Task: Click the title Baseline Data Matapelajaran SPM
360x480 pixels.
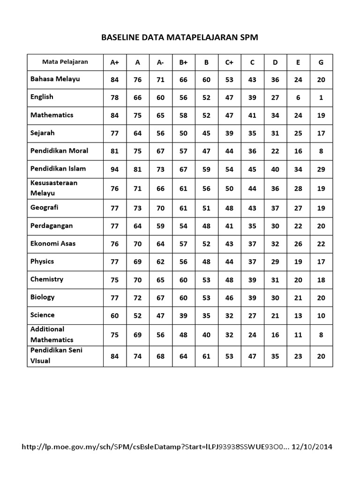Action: [x=180, y=37]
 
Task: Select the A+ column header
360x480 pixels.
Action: [x=114, y=62]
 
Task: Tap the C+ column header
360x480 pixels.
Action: [x=229, y=62]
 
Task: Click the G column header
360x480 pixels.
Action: [x=321, y=62]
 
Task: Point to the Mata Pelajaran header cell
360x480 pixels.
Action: [x=65, y=61]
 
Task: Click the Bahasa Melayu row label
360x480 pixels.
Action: [x=55, y=79]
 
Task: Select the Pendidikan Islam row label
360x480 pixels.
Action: [x=58, y=168]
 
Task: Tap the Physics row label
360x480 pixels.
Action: [x=42, y=261]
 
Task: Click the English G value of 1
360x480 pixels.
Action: [x=321, y=97]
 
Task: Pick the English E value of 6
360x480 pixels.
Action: [x=298, y=97]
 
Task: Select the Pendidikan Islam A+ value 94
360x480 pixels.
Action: [x=114, y=169]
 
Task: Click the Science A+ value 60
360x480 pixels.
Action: [x=114, y=315]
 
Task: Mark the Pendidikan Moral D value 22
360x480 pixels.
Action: [x=275, y=151]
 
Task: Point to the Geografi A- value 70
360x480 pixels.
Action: [x=160, y=208]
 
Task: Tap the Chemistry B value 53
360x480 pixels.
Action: [x=206, y=280]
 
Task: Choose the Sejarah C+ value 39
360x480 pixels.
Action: [x=229, y=133]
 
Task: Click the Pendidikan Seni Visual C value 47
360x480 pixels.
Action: [x=252, y=356]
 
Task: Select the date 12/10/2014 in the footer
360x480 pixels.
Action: [x=311, y=447]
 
